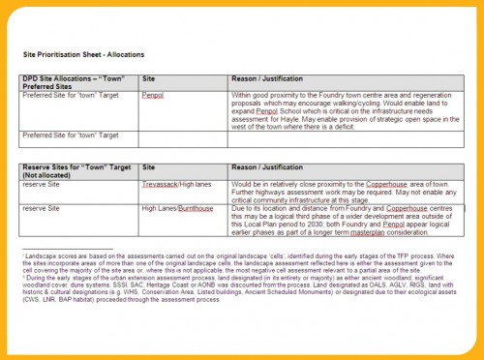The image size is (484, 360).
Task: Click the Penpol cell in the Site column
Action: coord(153,97)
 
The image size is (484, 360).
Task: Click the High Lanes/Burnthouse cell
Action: coord(177,208)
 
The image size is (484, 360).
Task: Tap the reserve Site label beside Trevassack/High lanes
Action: coord(44,185)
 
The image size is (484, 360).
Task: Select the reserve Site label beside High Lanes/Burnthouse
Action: coord(44,208)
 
